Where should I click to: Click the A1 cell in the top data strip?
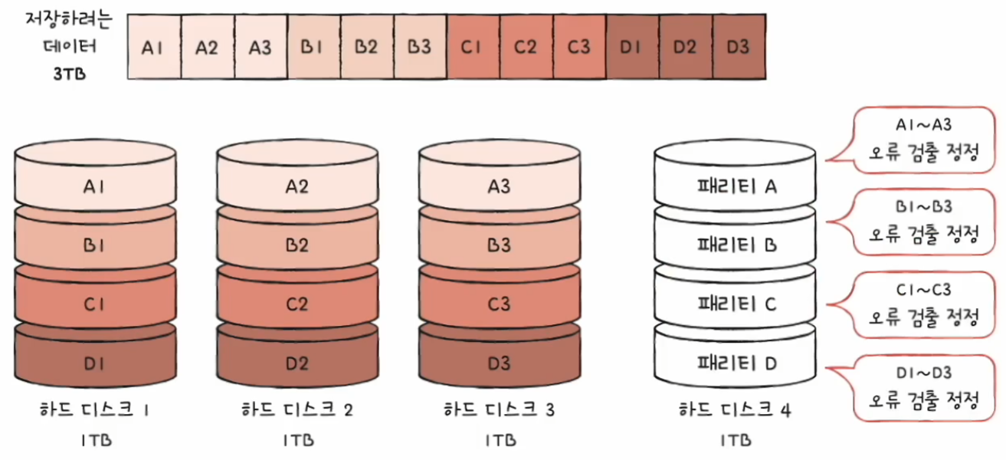coord(153,47)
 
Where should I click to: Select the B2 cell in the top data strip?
coord(366,47)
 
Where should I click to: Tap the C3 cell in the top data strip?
coord(579,47)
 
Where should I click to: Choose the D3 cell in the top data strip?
coord(738,47)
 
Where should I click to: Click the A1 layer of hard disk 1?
coord(95,185)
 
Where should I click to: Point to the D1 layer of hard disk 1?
coord(95,363)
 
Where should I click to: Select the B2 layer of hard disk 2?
coord(297,245)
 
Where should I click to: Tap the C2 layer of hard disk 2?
coord(297,304)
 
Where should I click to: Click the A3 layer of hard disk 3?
coord(499,185)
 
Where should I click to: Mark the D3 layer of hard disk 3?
coord(499,363)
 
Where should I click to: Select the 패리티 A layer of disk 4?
coord(736,186)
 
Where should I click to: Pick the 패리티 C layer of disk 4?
coord(736,304)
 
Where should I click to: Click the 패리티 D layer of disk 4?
coord(736,363)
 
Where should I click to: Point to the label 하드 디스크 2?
coord(297,410)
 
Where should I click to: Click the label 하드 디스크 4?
coord(736,410)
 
